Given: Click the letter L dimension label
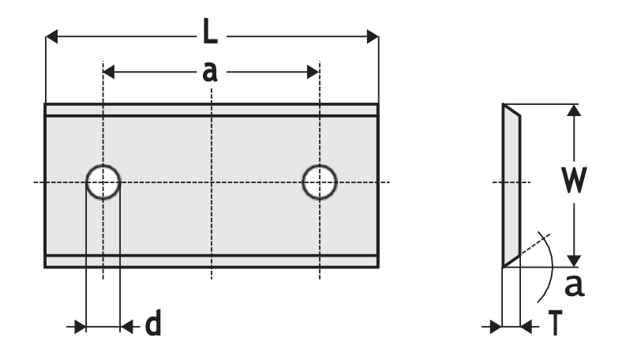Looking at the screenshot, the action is pyautogui.click(x=210, y=31).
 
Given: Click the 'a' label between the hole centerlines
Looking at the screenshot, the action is pyautogui.click(x=210, y=72).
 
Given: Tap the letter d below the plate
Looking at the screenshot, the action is pyautogui.click(x=153, y=323).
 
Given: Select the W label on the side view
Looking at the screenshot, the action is pyautogui.click(x=574, y=180).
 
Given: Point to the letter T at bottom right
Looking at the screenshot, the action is pyautogui.click(x=556, y=323).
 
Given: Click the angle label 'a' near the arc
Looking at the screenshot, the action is pyautogui.click(x=575, y=285).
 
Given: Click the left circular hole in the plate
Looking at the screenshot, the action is pyautogui.click(x=103, y=182).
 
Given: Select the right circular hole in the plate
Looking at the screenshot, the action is pyautogui.click(x=320, y=182).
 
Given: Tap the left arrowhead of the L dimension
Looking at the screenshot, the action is pyautogui.click(x=51, y=36).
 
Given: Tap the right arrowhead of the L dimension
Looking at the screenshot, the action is pyautogui.click(x=373, y=36).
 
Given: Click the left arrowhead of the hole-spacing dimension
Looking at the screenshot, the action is pyautogui.click(x=109, y=73).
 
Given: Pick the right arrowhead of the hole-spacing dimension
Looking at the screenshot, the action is pyautogui.click(x=313, y=73).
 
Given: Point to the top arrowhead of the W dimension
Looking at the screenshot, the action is pyautogui.click(x=574, y=110).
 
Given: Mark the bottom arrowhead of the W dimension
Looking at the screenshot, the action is pyautogui.click(x=574, y=261).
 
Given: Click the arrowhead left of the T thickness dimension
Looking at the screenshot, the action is pyautogui.click(x=496, y=327).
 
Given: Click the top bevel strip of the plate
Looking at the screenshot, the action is pyautogui.click(x=212, y=110).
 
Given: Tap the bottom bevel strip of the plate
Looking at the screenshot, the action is pyautogui.click(x=212, y=261).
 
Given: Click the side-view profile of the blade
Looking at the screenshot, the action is pyautogui.click(x=511, y=186).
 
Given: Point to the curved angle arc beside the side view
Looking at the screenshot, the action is pyautogui.click(x=547, y=267).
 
